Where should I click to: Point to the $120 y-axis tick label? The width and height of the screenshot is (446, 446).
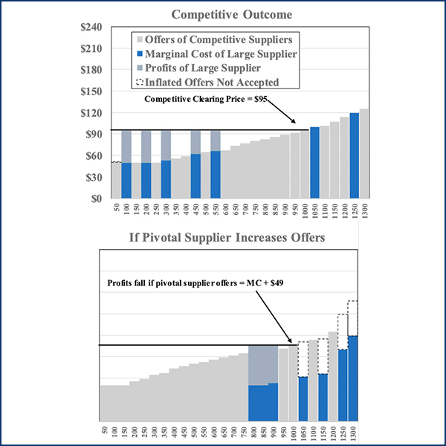93,113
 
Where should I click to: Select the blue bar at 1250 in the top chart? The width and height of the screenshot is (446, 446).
354,155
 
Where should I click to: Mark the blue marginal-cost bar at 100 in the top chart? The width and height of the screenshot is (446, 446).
126,181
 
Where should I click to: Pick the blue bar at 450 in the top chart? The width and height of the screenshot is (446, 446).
195,176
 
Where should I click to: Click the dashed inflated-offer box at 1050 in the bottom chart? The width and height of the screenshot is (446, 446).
303,359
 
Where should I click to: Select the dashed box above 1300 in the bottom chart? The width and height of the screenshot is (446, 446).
353,317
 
